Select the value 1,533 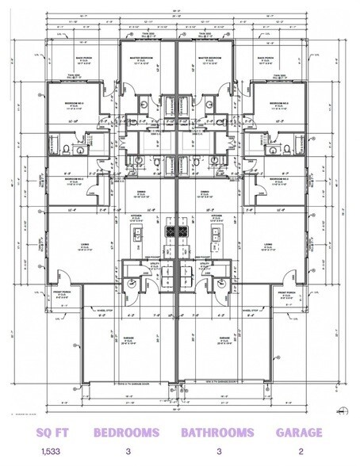pos(52,452)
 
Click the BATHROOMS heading pos(217,433)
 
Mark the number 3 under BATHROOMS pos(217,452)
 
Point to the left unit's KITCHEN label pos(136,215)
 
